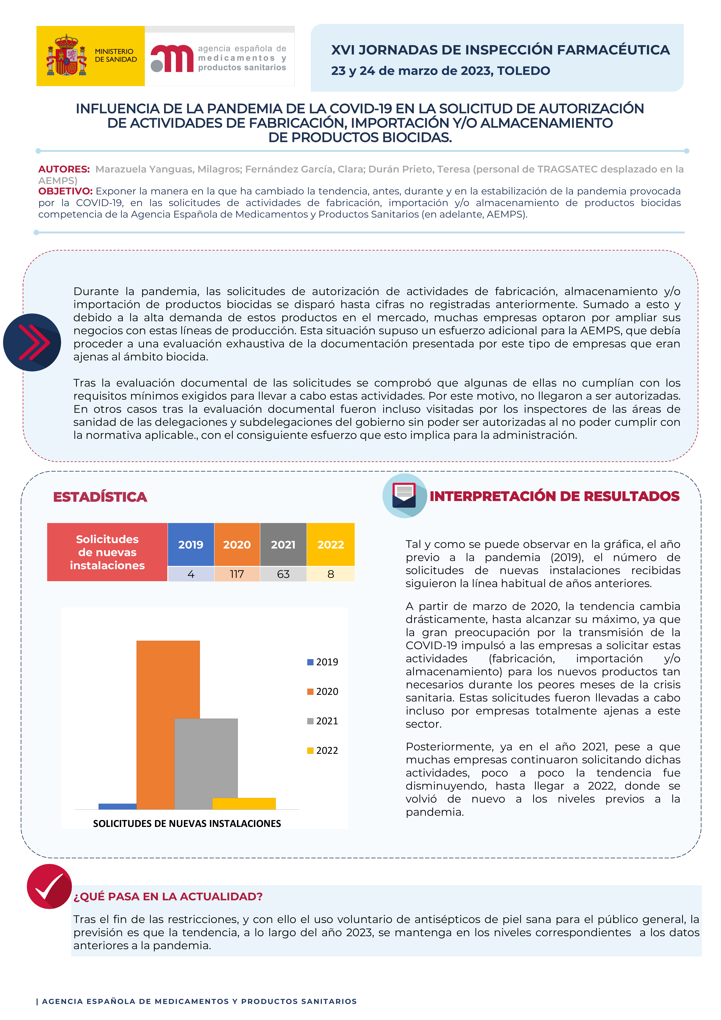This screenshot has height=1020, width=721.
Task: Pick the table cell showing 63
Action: [283, 574]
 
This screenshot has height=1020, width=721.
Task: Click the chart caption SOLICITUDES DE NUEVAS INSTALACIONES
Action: [187, 823]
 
